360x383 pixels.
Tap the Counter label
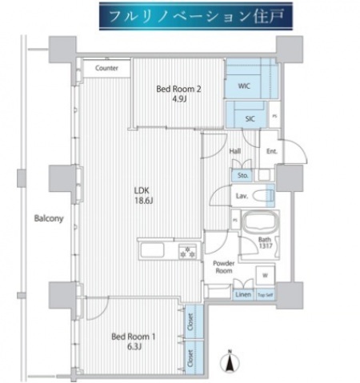pos(106,69)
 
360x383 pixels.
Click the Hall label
pos(235,150)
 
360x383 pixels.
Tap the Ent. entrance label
pos(271,150)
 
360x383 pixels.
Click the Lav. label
pos(241,194)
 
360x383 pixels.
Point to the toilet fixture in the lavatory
pos(262,194)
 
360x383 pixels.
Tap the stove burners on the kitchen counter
pos(189,251)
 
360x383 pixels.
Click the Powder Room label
pos(222,266)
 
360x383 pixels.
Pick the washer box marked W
pos(264,276)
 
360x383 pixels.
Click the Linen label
pos(242,295)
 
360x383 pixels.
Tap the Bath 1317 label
pos(266,243)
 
